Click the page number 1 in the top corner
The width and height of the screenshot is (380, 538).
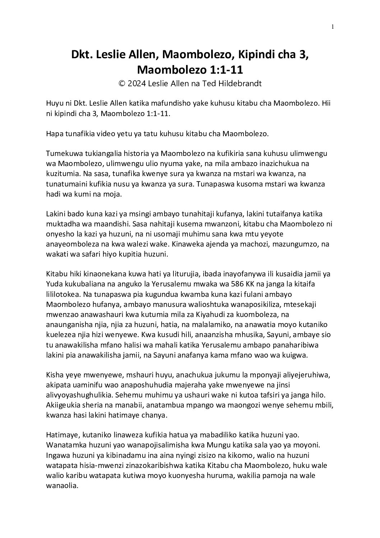[333, 26]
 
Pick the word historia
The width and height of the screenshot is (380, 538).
[142, 154]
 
